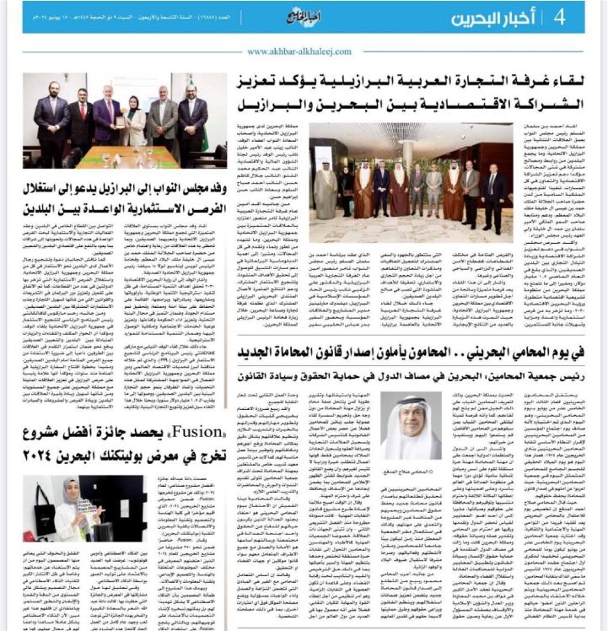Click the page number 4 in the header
[x=559, y=18]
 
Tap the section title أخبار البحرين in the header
[x=500, y=18]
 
